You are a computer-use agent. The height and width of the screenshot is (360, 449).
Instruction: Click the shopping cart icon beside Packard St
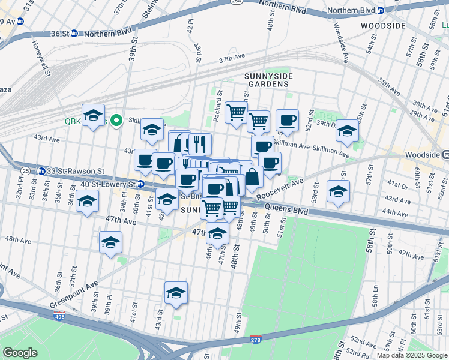tap(237, 112)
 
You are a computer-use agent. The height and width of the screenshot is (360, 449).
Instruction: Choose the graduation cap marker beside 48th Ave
tap(110, 242)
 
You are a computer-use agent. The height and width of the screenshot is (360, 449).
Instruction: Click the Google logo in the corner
tap(20, 353)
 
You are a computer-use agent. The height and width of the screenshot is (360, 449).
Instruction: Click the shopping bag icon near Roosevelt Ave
tap(252, 178)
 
